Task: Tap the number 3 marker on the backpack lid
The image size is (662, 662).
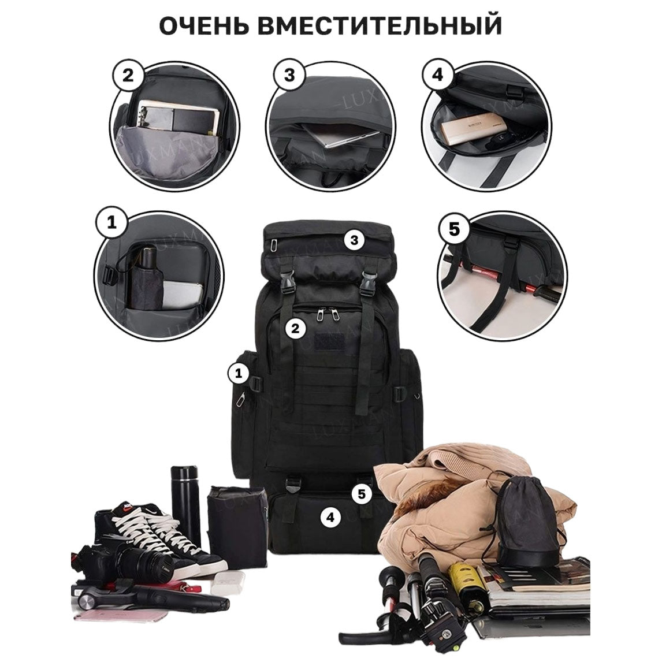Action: click(354, 240)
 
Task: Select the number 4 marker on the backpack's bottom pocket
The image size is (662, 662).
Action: click(330, 517)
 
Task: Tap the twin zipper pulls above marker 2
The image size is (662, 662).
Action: click(327, 314)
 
